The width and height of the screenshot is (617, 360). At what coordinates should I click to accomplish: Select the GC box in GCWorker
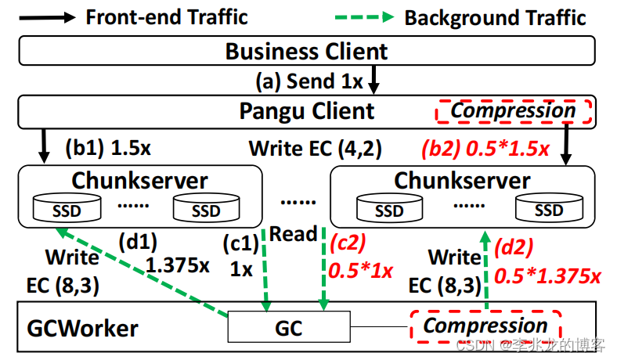(x=289, y=327)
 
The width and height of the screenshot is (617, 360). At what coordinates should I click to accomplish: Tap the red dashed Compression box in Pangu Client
(x=513, y=110)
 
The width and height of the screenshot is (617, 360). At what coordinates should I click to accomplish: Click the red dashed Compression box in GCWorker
(x=485, y=326)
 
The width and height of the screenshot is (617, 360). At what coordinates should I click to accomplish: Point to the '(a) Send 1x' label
(x=309, y=81)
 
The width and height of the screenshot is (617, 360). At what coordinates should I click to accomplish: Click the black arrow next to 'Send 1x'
(x=374, y=80)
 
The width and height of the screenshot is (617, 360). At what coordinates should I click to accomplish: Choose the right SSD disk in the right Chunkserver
(x=548, y=209)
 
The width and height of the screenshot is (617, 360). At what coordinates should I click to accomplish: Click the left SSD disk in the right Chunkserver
(x=388, y=209)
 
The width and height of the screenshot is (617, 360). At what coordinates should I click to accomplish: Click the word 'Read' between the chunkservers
(x=294, y=233)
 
